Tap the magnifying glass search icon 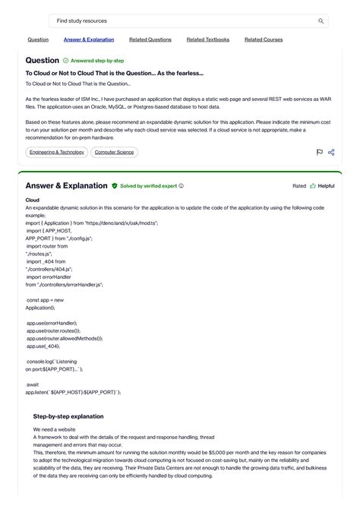click(321, 21)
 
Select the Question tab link click(38, 40)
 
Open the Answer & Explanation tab click(89, 40)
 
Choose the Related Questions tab click(150, 40)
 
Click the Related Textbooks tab click(208, 40)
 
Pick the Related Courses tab click(264, 40)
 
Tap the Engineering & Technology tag click(56, 152)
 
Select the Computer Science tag click(115, 152)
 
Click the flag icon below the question click(320, 153)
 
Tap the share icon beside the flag click(331, 153)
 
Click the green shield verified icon click(115, 185)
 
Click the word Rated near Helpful click(299, 185)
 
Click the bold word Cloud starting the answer click(33, 200)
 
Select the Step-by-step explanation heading click(68, 416)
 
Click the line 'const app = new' click(46, 300)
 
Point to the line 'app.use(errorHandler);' click(52, 323)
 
